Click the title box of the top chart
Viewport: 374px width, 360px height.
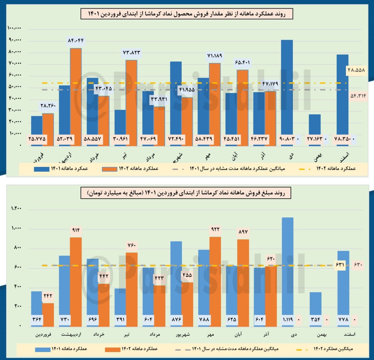pos(187,14)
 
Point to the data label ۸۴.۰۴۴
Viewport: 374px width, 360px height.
pos(76,40)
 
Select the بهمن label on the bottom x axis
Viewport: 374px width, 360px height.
pos(315,335)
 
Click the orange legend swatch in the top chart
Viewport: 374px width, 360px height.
pos(110,169)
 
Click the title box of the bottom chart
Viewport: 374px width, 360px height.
pos(187,193)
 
